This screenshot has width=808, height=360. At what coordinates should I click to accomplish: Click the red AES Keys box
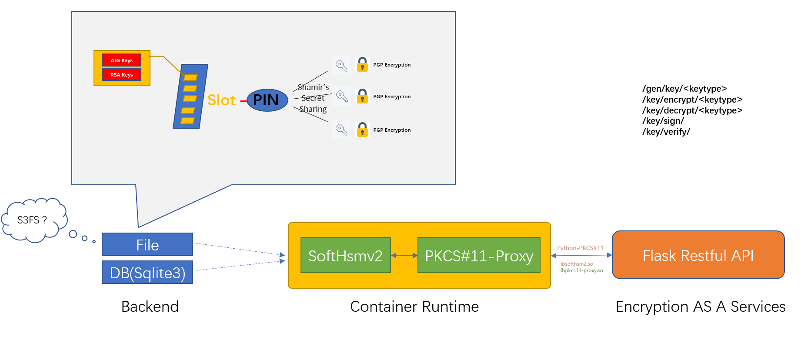tap(121, 60)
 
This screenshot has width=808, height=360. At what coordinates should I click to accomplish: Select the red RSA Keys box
tap(121, 74)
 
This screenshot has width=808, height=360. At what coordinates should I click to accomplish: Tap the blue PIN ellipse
tap(267, 100)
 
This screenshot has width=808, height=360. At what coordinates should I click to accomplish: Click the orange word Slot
tap(221, 100)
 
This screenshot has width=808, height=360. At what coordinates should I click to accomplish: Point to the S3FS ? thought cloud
tap(34, 220)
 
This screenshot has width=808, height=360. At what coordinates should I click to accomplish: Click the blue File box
tap(147, 244)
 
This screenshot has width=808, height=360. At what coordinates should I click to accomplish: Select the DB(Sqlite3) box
tap(147, 272)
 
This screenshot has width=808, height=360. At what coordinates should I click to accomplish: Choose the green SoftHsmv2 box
tap(346, 255)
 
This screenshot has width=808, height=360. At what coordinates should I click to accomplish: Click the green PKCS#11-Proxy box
tap(479, 255)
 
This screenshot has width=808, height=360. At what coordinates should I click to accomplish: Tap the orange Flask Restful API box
tap(698, 255)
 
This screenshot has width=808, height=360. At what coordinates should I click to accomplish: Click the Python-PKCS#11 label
tap(580, 248)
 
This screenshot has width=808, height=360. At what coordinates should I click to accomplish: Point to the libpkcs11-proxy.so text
tap(581, 270)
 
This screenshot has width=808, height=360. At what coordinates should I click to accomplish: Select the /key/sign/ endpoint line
tap(663, 121)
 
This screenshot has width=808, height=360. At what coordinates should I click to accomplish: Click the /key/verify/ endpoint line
tap(666, 132)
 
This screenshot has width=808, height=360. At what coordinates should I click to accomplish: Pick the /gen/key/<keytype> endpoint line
tap(684, 89)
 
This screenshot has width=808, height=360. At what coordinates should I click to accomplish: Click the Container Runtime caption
tap(414, 307)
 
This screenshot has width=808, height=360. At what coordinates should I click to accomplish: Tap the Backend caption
tap(150, 307)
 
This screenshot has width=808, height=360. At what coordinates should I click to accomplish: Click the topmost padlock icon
tap(362, 65)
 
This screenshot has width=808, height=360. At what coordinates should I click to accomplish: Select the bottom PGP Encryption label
tap(392, 130)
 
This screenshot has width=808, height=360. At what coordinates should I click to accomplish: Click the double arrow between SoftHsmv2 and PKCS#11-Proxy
tap(404, 256)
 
